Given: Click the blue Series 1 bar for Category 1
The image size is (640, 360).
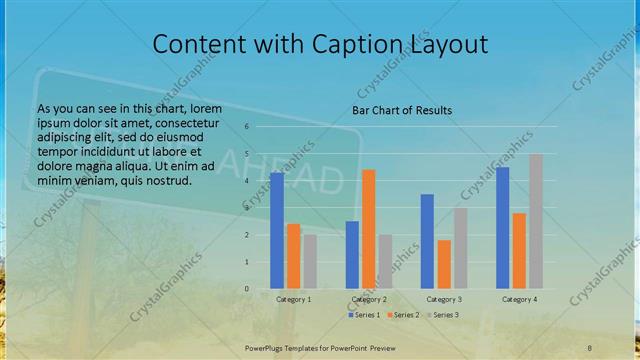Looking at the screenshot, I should (277, 231).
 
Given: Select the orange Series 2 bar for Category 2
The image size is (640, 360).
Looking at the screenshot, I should (369, 229).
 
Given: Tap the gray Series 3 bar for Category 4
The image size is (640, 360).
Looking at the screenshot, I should (536, 221).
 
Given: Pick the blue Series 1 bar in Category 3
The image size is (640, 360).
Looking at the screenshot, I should (427, 241).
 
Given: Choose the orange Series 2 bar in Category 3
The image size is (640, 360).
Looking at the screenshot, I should (444, 264).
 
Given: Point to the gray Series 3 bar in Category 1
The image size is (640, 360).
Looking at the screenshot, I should (310, 262).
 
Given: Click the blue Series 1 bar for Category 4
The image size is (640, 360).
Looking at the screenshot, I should (502, 228).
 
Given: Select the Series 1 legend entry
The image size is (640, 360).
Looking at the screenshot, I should (365, 315).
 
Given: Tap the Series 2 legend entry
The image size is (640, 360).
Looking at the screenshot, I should (402, 315).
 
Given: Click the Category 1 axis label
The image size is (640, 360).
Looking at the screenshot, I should (294, 299).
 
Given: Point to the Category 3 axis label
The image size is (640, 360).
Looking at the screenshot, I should (444, 299).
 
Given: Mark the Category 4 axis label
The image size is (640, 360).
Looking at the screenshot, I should (519, 299).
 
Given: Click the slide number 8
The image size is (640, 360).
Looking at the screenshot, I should (589, 346).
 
